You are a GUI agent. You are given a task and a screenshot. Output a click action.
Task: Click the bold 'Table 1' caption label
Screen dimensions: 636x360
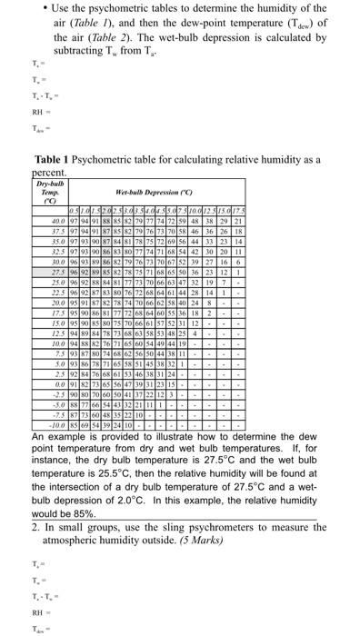(54, 158)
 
